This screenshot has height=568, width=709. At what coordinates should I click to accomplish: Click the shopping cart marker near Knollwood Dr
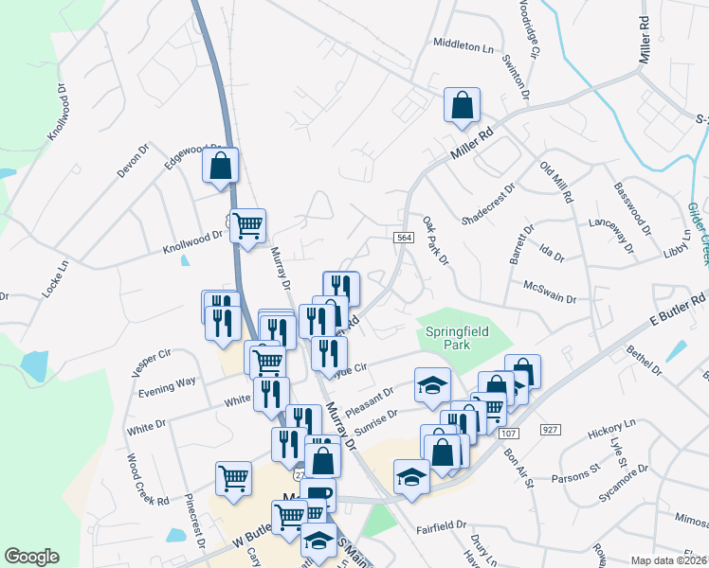coord(247,227)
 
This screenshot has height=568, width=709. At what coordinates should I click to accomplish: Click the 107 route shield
coord(510,433)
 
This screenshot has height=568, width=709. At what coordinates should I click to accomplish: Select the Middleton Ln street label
coord(464,44)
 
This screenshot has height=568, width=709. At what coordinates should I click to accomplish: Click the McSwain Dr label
coord(550,292)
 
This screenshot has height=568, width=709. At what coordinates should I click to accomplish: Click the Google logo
coord(31,557)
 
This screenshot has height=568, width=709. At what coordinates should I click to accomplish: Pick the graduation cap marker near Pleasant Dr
coord(432,385)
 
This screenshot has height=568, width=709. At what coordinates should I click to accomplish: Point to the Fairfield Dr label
coord(443,524)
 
